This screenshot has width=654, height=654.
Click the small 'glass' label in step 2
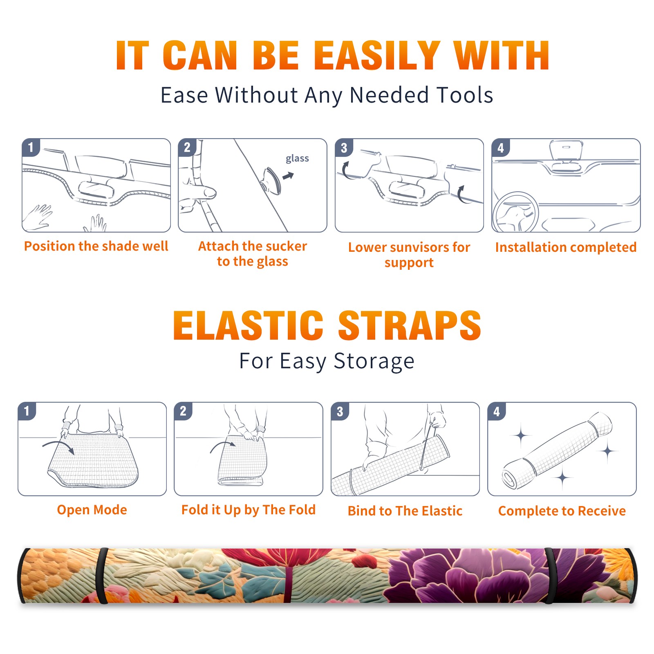point(297,158)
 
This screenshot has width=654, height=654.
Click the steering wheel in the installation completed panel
point(515,212)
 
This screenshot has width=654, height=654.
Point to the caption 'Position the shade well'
point(96,246)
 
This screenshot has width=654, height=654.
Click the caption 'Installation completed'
point(566,247)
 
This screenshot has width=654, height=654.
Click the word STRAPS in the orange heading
point(410,325)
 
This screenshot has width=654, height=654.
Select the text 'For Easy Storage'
point(327,361)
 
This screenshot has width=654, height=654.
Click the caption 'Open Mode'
point(92,510)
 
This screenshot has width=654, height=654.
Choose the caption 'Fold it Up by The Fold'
point(249,510)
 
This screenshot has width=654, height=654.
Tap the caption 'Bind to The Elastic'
point(405,511)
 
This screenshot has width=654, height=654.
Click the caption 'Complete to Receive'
point(562,511)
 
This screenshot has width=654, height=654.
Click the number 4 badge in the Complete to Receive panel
point(497,411)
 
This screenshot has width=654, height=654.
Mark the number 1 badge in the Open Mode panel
point(27,411)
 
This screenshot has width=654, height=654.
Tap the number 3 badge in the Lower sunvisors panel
point(344,148)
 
